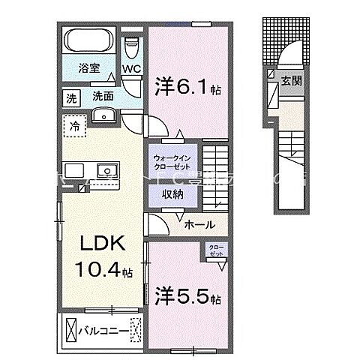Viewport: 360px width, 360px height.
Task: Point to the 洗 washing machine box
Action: point(71,97)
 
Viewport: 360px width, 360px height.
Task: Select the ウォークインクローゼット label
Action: point(172,163)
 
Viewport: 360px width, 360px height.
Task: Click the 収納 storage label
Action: point(173,193)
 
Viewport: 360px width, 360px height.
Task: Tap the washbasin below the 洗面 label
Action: point(103,115)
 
